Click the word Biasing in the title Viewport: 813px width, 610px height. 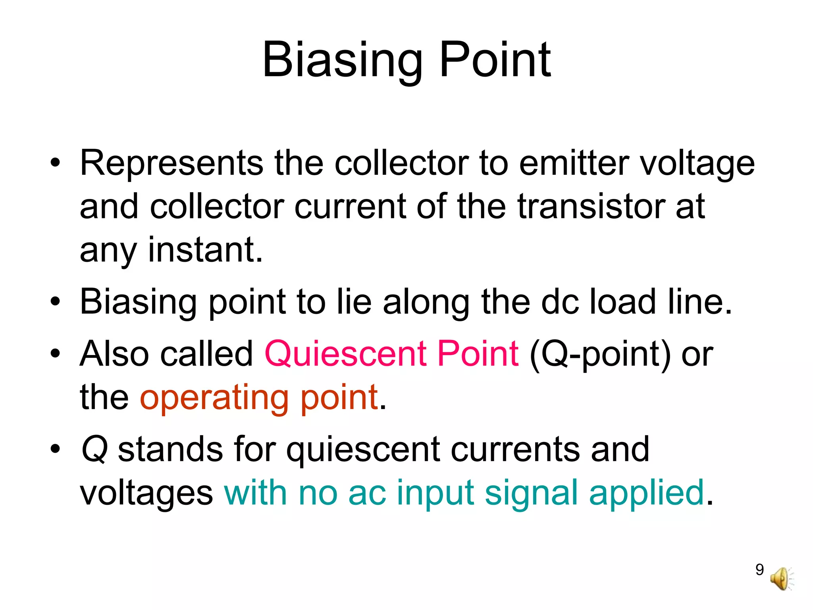click(342, 60)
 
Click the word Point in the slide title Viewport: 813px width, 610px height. click(495, 60)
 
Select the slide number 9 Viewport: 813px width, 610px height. click(759, 569)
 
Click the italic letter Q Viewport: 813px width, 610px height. click(94, 450)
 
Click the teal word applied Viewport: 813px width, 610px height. click(646, 494)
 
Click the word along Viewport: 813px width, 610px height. click(426, 303)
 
